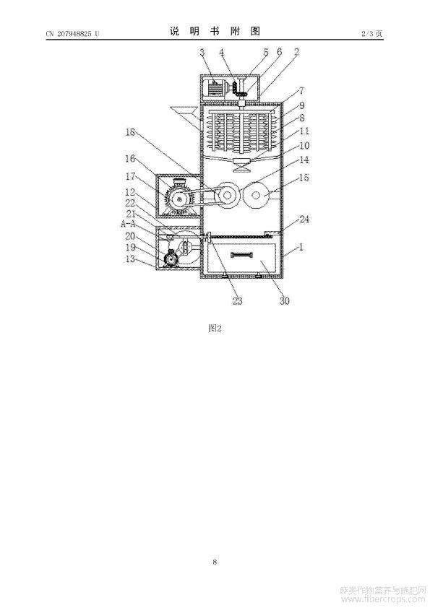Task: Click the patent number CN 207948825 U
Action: (x=72, y=34)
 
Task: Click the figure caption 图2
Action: (x=215, y=328)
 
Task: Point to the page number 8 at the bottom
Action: (x=215, y=562)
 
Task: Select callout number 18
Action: (x=130, y=132)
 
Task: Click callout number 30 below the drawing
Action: (x=285, y=300)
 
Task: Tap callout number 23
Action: (x=237, y=300)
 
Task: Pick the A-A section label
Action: (x=128, y=224)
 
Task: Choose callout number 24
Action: (x=304, y=219)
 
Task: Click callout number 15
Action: (x=304, y=178)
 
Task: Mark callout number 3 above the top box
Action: (x=202, y=52)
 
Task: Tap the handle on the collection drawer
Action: (x=242, y=254)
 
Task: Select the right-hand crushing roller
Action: (x=255, y=196)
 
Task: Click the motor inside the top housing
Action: (x=215, y=87)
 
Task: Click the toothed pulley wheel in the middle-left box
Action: (x=179, y=199)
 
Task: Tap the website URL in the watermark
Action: (x=382, y=599)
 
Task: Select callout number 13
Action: (x=130, y=259)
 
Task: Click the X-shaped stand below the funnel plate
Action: (x=242, y=168)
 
